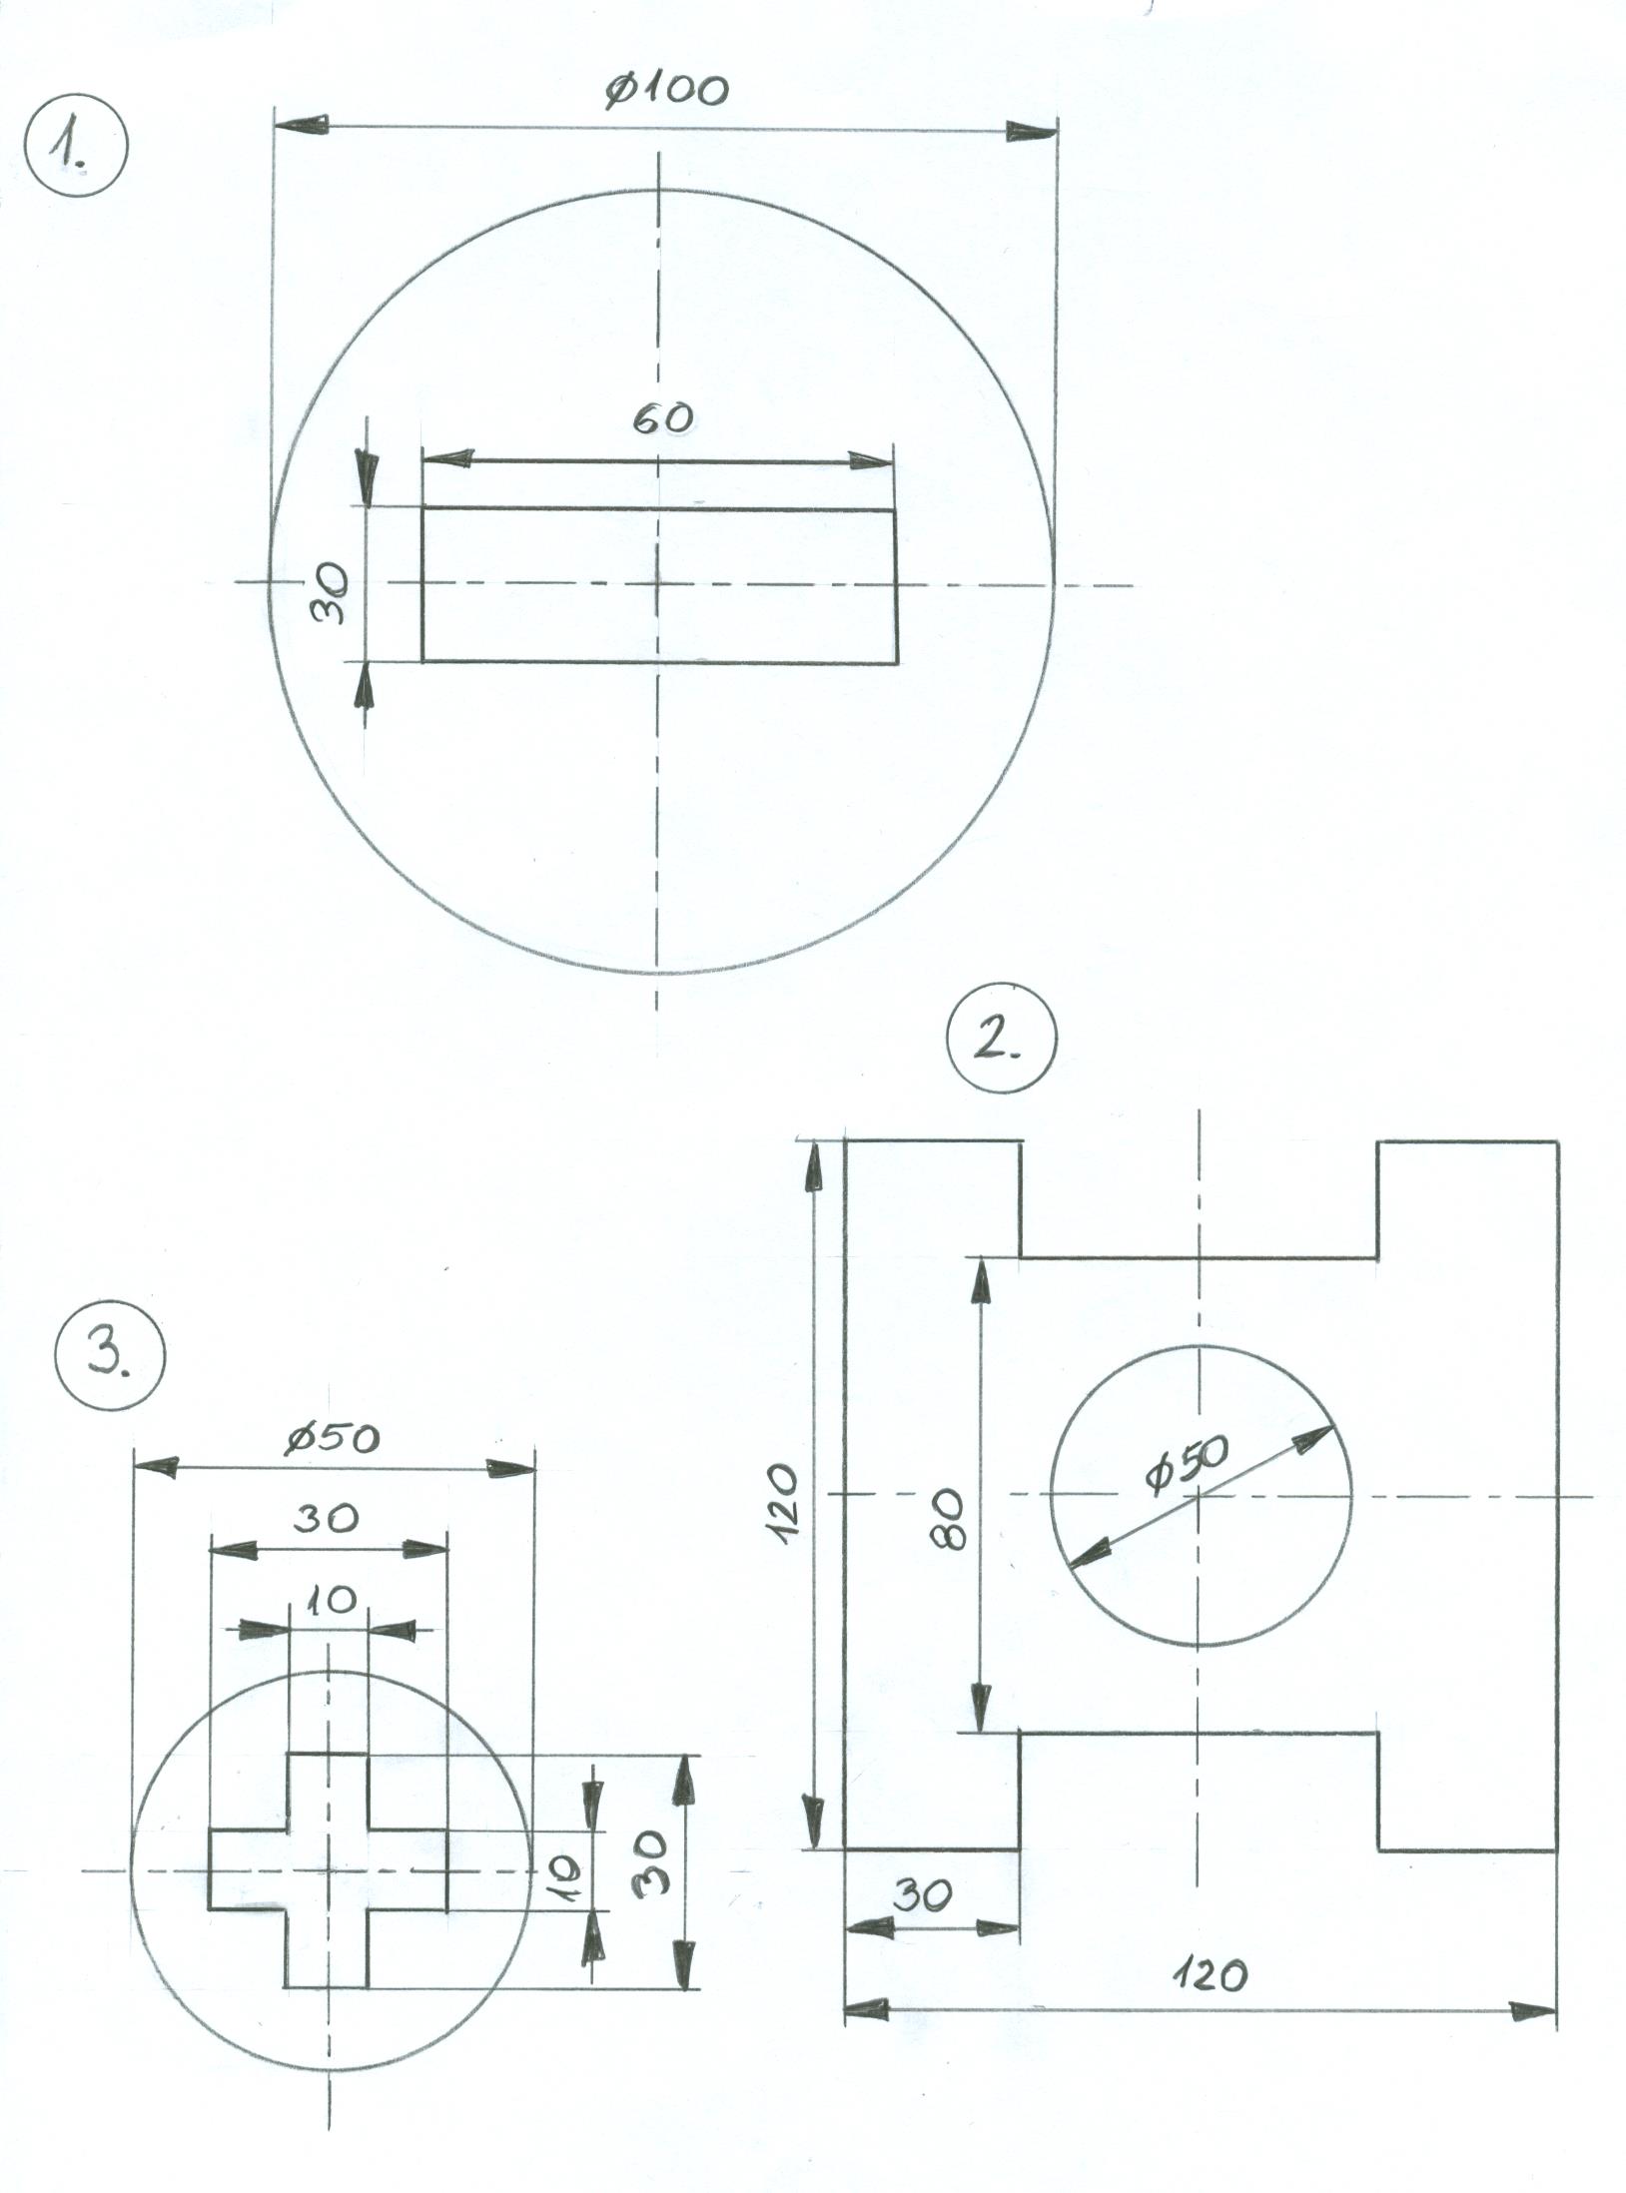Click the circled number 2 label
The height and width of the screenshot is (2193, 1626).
pyautogui.click(x=1000, y=1043)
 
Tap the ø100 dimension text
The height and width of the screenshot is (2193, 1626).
pyautogui.click(x=666, y=90)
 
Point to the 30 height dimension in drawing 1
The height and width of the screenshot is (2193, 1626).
pyautogui.click(x=331, y=593)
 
